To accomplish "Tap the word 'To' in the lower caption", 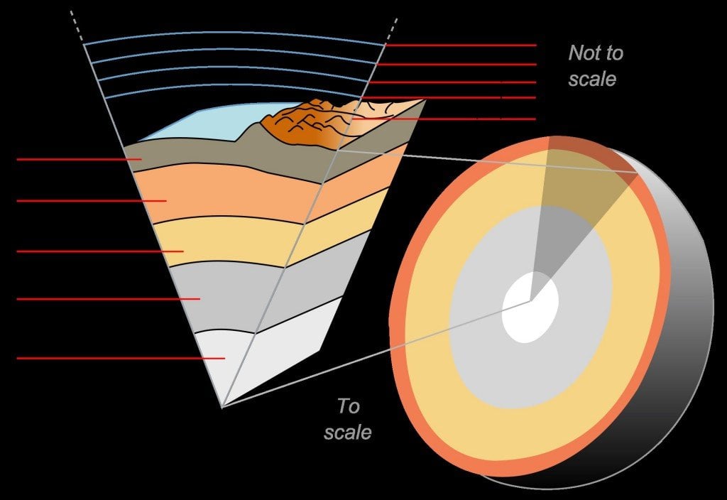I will (x=349, y=407).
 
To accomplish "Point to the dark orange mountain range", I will (x=298, y=124).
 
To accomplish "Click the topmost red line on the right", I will (x=461, y=45).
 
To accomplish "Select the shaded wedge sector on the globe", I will (x=568, y=213).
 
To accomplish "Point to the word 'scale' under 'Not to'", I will (x=591, y=79).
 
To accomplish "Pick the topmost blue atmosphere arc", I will (x=234, y=34).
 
